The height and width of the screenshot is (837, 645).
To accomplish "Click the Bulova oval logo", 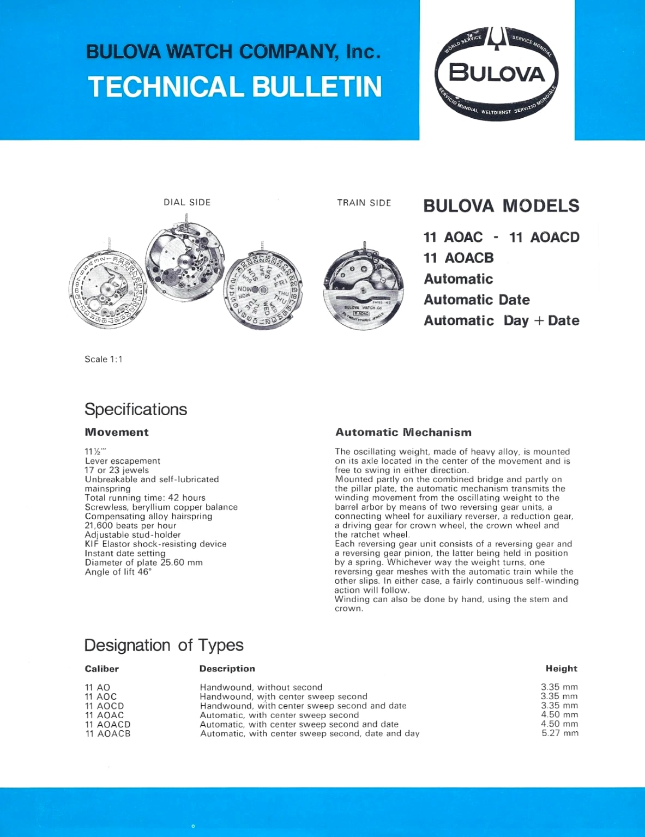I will pyautogui.click(x=496, y=73).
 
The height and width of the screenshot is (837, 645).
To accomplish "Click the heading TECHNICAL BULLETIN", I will pyautogui.click(x=235, y=87).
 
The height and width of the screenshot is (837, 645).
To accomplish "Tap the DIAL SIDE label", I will pyautogui.click(x=187, y=202).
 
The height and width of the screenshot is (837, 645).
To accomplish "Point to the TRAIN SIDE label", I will pyautogui.click(x=364, y=203).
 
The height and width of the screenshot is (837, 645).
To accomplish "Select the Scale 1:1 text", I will pyautogui.click(x=104, y=359).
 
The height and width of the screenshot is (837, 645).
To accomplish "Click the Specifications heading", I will pyautogui.click(x=136, y=409).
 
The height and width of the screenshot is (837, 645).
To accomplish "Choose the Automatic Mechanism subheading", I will pyautogui.click(x=403, y=433).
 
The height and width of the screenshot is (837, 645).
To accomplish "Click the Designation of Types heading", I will pyautogui.click(x=164, y=645).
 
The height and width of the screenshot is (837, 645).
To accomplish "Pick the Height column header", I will pyautogui.click(x=561, y=669).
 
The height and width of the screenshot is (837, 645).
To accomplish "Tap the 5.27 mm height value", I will pyautogui.click(x=559, y=733).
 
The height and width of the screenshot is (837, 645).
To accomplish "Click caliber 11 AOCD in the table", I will pyautogui.click(x=104, y=706).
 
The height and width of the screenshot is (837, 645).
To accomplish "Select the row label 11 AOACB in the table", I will pyautogui.click(x=108, y=733).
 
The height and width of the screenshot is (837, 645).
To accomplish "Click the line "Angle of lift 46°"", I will pyautogui.click(x=118, y=572).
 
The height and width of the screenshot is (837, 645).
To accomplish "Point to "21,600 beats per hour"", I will pyautogui.click(x=130, y=525).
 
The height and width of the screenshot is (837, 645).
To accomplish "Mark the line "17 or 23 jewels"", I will pyautogui.click(x=117, y=470).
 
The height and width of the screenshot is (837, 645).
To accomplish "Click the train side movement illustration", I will pyautogui.click(x=364, y=289).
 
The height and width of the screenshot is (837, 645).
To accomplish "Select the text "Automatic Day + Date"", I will pyautogui.click(x=502, y=320).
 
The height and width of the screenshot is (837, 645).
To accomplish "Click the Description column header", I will pyautogui.click(x=227, y=669).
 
